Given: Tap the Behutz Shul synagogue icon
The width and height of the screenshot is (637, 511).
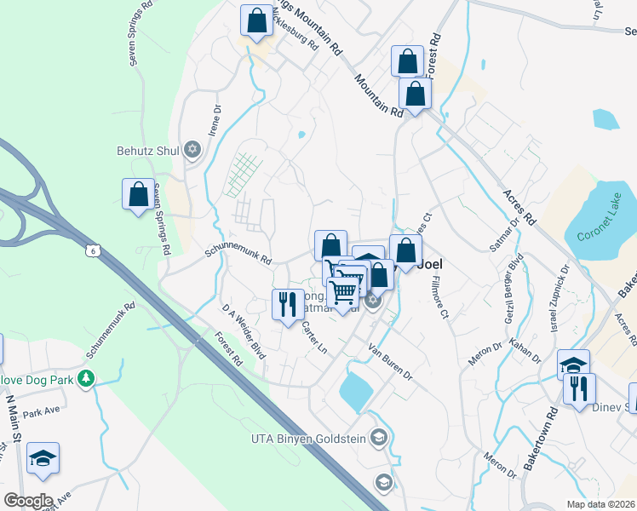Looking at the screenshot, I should (x=192, y=151).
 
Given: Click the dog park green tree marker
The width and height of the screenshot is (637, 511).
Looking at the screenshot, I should (x=85, y=377).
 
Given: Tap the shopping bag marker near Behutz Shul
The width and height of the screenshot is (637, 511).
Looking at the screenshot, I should (x=138, y=195).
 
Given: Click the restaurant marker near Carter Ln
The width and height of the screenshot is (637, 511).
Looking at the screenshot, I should (x=288, y=304).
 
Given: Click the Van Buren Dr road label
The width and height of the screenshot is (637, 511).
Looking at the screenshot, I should (x=390, y=362).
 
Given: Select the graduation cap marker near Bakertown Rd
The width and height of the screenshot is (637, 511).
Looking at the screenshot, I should (x=574, y=364).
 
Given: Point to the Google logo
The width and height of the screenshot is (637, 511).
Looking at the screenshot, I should (x=27, y=501).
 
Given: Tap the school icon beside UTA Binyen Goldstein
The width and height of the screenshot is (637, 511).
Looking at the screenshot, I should (x=379, y=439).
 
